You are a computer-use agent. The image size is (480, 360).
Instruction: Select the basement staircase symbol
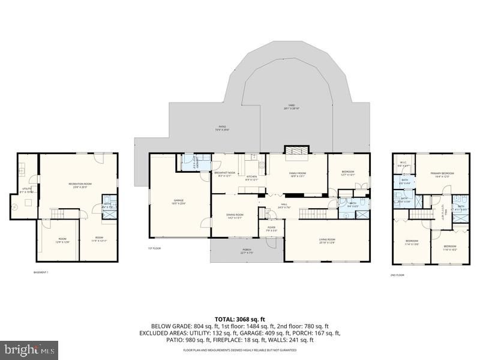pyautogui.click(x=58, y=214)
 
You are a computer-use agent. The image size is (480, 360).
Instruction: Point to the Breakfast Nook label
pyautogui.click(x=224, y=174)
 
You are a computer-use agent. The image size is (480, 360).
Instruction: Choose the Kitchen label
pyautogui.click(x=251, y=178)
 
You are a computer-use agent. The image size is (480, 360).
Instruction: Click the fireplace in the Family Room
pyautogui.click(x=296, y=154)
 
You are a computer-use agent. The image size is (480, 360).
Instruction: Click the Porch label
pyautogui.click(x=247, y=251)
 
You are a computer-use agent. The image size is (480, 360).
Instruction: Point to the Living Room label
pyautogui.click(x=327, y=241)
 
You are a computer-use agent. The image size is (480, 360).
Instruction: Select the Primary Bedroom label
pyautogui.click(x=442, y=175)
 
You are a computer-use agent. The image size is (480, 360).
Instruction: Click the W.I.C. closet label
pyautogui.click(x=403, y=163)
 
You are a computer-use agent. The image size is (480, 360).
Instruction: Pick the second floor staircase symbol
pyautogui.click(x=422, y=214)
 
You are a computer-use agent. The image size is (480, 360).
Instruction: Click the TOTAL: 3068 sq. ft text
pyautogui.click(x=240, y=319)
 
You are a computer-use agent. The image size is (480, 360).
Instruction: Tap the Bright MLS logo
pyautogui.click(x=29, y=350)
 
